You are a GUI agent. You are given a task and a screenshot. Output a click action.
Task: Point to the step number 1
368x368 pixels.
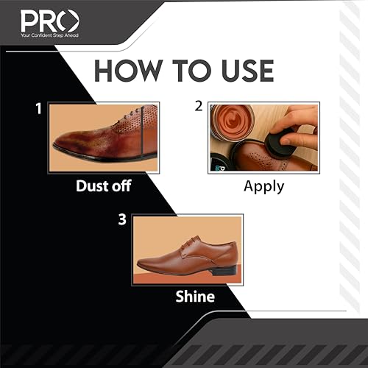click(38, 109)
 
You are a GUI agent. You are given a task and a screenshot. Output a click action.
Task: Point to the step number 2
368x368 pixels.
click(198, 105)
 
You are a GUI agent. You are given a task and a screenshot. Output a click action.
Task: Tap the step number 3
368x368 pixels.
click(122, 219)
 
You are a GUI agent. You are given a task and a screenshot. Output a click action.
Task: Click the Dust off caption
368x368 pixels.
click(103, 186)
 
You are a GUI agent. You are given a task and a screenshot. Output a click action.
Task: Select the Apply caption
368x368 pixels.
click(263, 186)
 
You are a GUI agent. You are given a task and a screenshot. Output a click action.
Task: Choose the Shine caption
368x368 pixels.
click(194, 297)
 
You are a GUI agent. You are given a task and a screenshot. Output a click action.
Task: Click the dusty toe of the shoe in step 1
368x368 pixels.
click(70, 140)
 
